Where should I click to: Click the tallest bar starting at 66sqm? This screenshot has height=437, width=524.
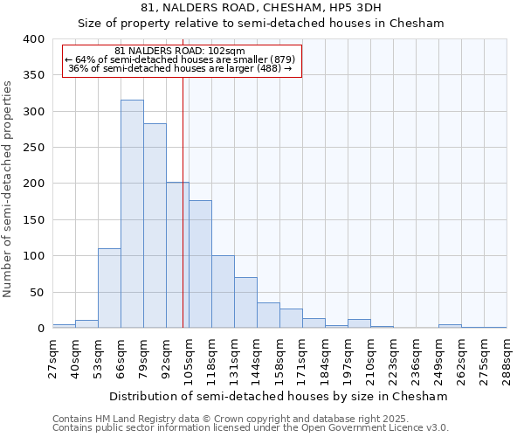pyautogui.click(x=132, y=214)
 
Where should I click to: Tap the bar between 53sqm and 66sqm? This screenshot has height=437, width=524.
pyautogui.click(x=109, y=288)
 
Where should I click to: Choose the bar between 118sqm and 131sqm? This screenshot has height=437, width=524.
pyautogui.click(x=223, y=292)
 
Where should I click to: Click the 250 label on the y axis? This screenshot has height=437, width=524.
pyautogui.click(x=34, y=148)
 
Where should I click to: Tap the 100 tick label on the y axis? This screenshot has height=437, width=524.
pyautogui.click(x=34, y=256)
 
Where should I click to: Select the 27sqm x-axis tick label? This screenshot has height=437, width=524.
pyautogui.click(x=52, y=359)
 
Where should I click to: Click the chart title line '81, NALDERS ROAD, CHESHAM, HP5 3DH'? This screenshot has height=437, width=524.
pyautogui.click(x=261, y=8)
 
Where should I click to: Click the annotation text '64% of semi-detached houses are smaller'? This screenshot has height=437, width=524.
pyautogui.click(x=180, y=59)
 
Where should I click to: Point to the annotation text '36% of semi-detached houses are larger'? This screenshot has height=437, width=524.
pyautogui.click(x=180, y=68)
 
